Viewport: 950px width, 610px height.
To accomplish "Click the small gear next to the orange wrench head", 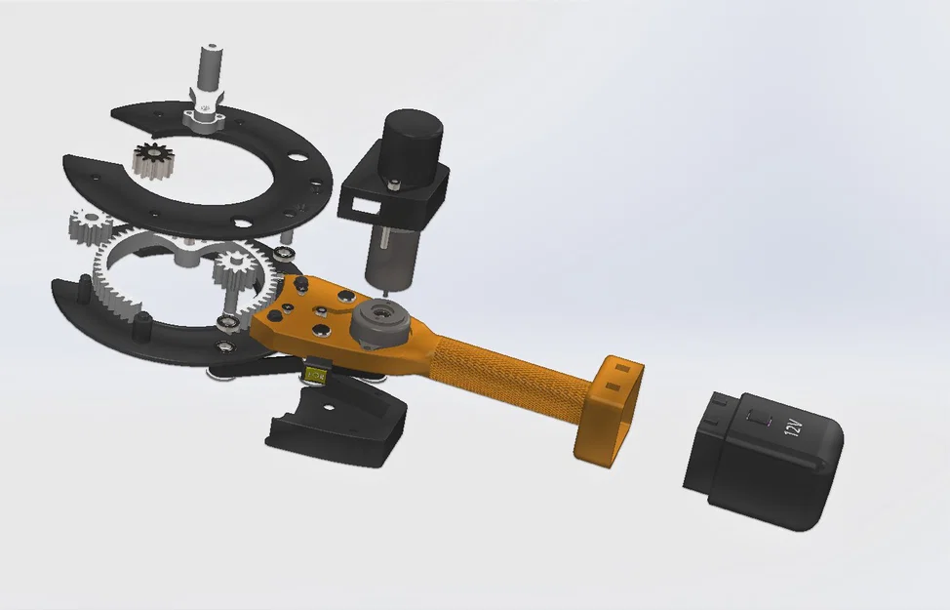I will pos(234,267).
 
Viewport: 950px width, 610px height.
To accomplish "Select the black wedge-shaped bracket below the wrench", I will pos(341,420).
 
